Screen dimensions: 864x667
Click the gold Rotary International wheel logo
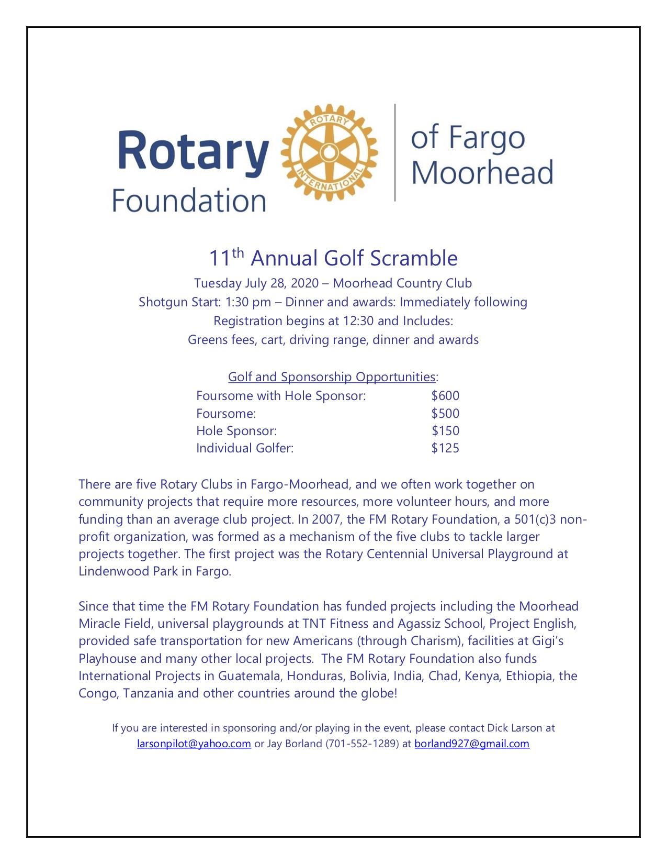click(x=330, y=152)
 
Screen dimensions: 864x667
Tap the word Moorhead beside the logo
click(x=482, y=172)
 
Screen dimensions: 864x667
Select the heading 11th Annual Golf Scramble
click(x=333, y=258)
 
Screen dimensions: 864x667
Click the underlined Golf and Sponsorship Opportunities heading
click(x=332, y=376)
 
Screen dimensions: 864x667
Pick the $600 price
click(x=445, y=395)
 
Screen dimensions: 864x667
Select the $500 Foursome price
click(x=445, y=413)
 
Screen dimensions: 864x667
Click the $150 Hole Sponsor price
click(x=445, y=430)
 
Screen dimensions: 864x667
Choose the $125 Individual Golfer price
click(x=445, y=448)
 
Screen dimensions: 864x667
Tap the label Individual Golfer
click(x=244, y=448)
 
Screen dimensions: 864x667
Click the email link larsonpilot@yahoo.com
click(x=194, y=744)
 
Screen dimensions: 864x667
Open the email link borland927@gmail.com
click(x=472, y=744)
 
